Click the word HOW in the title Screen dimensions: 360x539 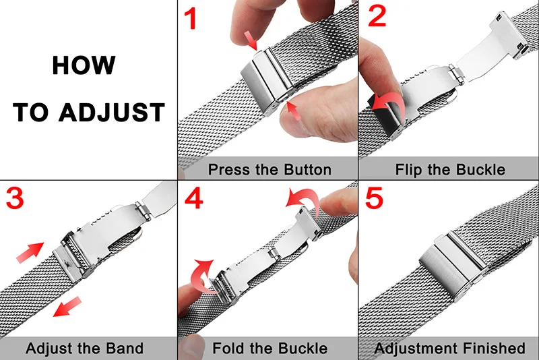pyautogui.click(x=84, y=66)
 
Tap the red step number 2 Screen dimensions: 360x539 pyautogui.click(x=377, y=17)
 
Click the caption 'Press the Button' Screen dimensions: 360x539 pyautogui.click(x=269, y=169)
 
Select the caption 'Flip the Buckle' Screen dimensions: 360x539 pyautogui.click(x=450, y=169)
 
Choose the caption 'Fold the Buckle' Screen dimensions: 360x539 pyautogui.click(x=269, y=349)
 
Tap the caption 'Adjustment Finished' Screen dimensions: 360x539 pyautogui.click(x=449, y=349)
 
